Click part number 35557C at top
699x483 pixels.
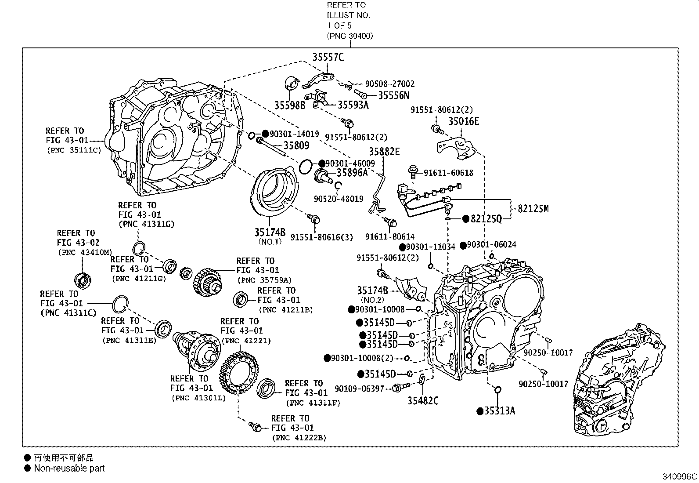click(328, 57)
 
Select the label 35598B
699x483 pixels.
click(290, 105)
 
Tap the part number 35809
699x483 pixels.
click(296, 145)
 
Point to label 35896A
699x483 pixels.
click(352, 173)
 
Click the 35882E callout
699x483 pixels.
click(384, 152)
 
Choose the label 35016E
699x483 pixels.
click(464, 121)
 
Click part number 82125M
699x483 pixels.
click(533, 209)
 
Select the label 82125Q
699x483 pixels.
click(486, 219)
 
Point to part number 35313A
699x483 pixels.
click(499, 411)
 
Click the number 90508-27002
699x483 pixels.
click(389, 84)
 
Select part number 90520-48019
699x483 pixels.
click(339, 199)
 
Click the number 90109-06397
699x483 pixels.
click(359, 389)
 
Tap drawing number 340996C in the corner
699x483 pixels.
click(680, 476)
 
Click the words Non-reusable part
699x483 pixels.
click(69, 468)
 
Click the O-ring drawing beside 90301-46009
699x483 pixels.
click(305, 167)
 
